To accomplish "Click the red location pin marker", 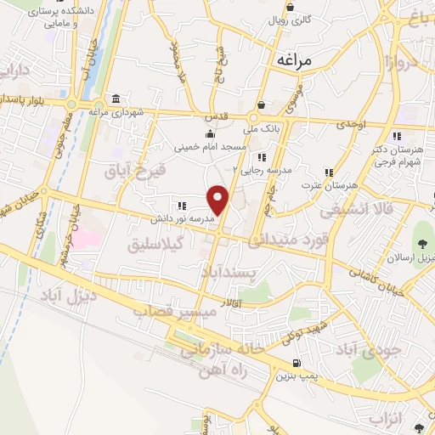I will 219,200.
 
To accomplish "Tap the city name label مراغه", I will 295,61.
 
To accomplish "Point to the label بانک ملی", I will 261,130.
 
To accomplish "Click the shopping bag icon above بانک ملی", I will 261,105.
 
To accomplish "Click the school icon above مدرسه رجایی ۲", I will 262,156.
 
